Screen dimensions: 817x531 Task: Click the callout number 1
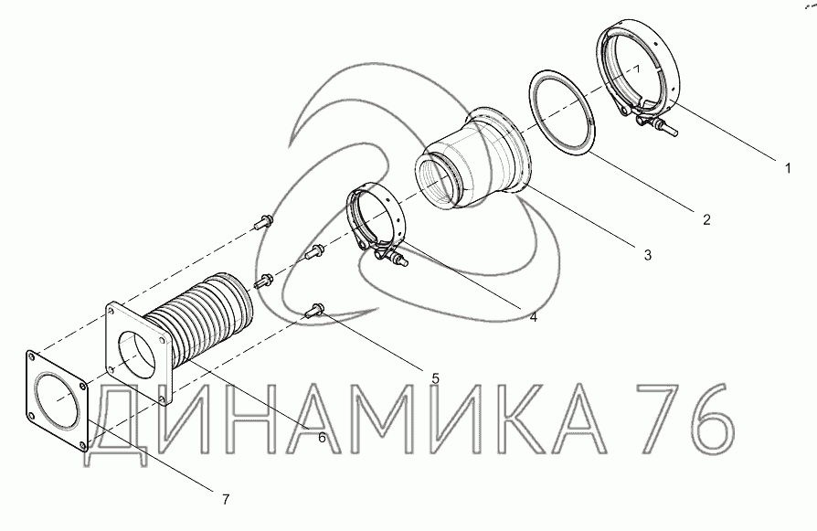coord(788,168)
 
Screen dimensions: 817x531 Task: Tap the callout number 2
coord(706,220)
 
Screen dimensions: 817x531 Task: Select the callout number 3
coord(647,255)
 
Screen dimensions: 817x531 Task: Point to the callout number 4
coord(533,316)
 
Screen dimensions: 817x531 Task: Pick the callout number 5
coord(436,378)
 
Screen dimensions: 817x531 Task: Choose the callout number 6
coord(322,438)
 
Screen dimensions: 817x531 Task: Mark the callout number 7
coord(225,500)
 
